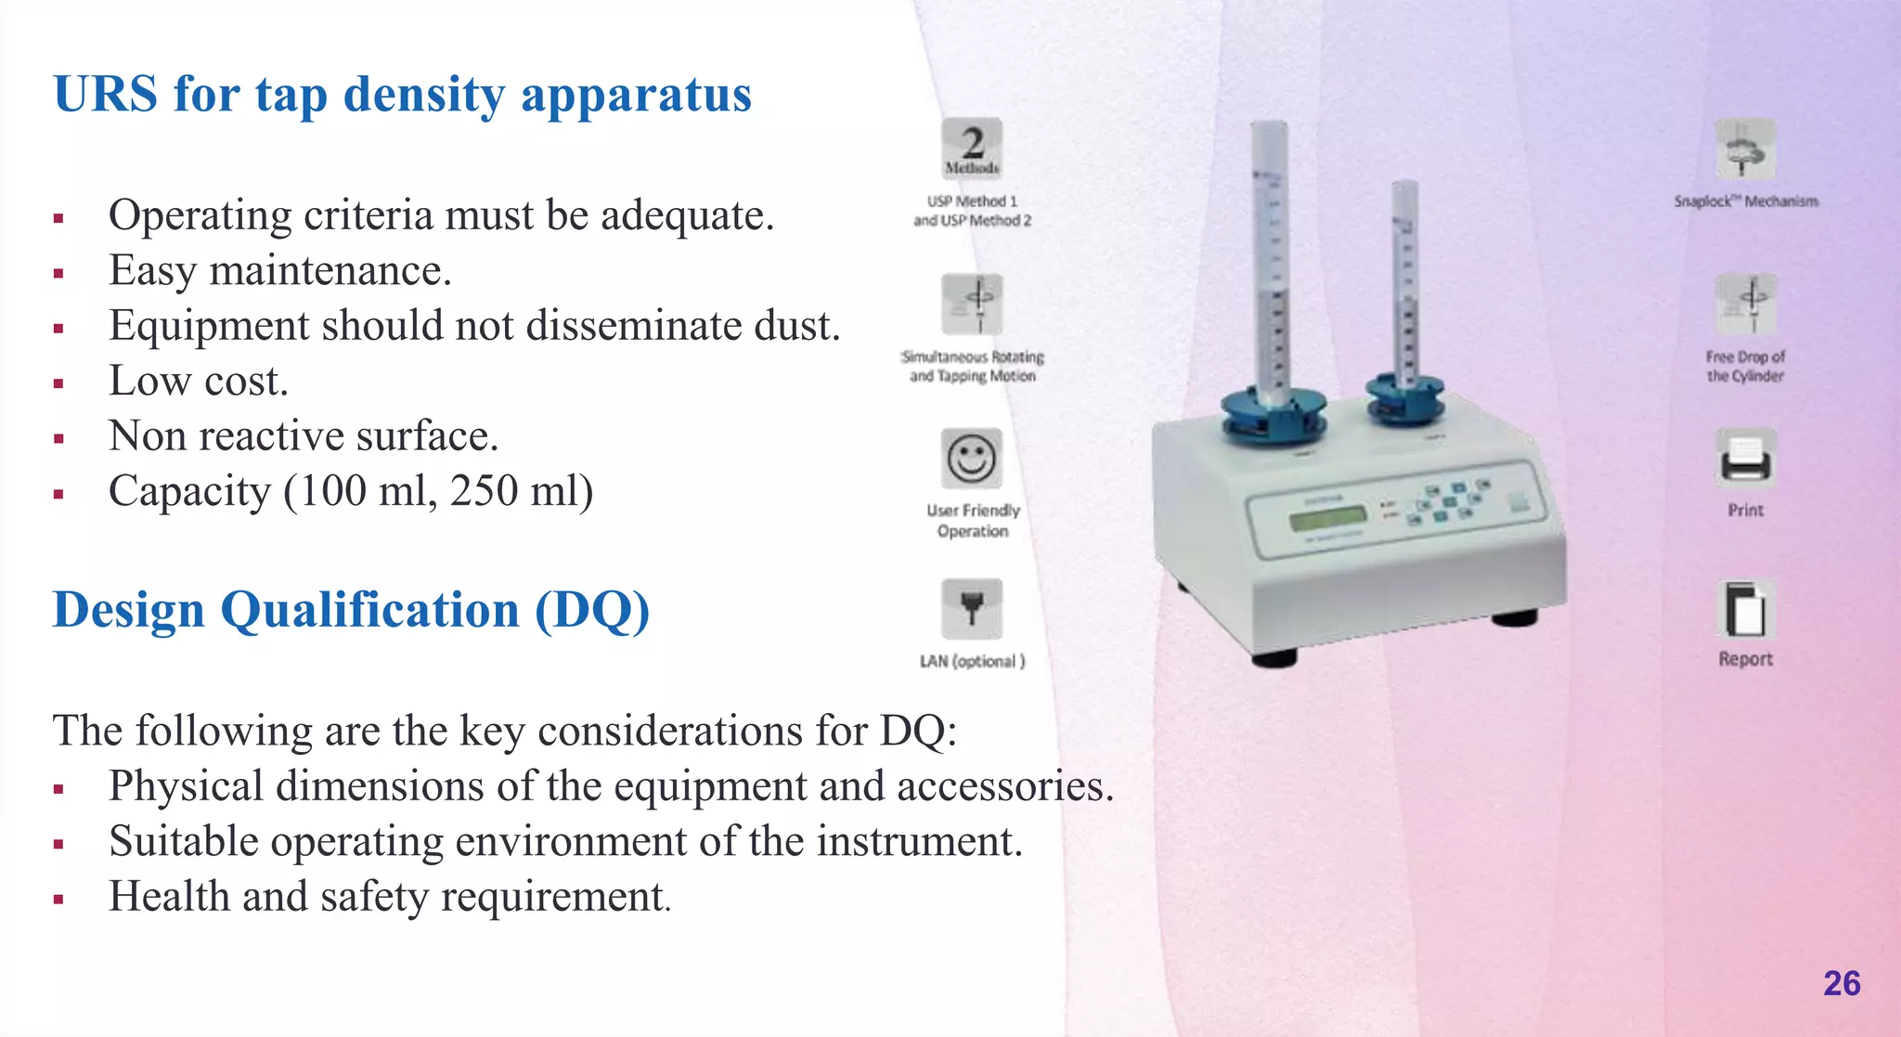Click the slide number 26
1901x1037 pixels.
coord(1842,983)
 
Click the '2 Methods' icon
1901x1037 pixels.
coord(972,149)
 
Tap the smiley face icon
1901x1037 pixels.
coord(972,459)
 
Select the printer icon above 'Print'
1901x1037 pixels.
coord(1745,459)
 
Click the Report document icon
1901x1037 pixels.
coord(1745,610)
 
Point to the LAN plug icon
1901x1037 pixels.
coord(972,609)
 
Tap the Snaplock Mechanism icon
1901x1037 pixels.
coord(1745,149)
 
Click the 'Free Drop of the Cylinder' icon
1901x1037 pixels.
coord(1745,304)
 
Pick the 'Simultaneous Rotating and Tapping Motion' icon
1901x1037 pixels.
coord(972,304)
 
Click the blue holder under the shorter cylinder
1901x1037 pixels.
coord(1405,398)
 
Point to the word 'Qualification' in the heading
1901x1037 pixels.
coord(369,610)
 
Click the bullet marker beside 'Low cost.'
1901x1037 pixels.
coord(58,383)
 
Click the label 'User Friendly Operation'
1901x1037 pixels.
coord(973,521)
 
